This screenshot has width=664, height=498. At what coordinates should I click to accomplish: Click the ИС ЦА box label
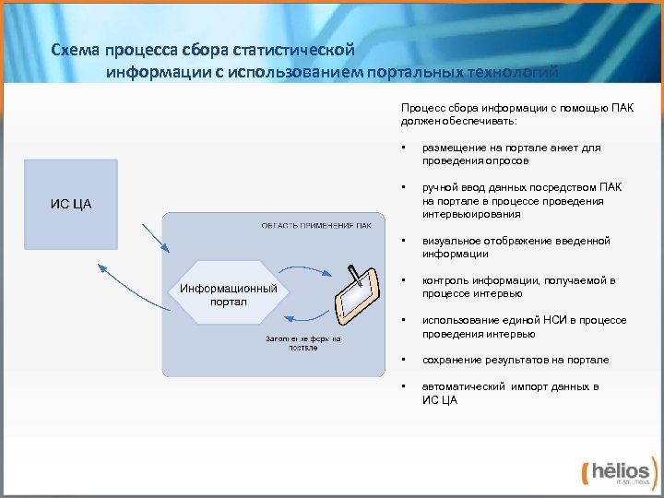pyautogui.click(x=70, y=203)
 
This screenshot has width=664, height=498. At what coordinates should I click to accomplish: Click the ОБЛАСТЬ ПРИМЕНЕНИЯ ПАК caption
pyautogui.click(x=316, y=225)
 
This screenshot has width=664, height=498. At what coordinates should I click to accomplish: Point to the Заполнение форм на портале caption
pyautogui.click(x=303, y=343)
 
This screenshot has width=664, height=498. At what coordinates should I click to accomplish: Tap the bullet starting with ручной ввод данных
pyautogui.click(x=522, y=200)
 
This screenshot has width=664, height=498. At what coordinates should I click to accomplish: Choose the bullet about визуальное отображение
pyautogui.click(x=516, y=247)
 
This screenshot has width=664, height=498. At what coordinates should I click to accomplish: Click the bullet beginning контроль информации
pyautogui.click(x=518, y=287)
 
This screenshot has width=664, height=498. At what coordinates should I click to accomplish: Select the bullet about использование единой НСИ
pyautogui.click(x=524, y=326)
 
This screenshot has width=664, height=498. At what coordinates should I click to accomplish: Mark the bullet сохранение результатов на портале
pyautogui.click(x=516, y=360)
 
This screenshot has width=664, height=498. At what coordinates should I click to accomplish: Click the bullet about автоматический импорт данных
pyautogui.click(x=510, y=393)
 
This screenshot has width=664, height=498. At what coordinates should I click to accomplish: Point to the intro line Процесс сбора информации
pyautogui.click(x=516, y=113)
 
